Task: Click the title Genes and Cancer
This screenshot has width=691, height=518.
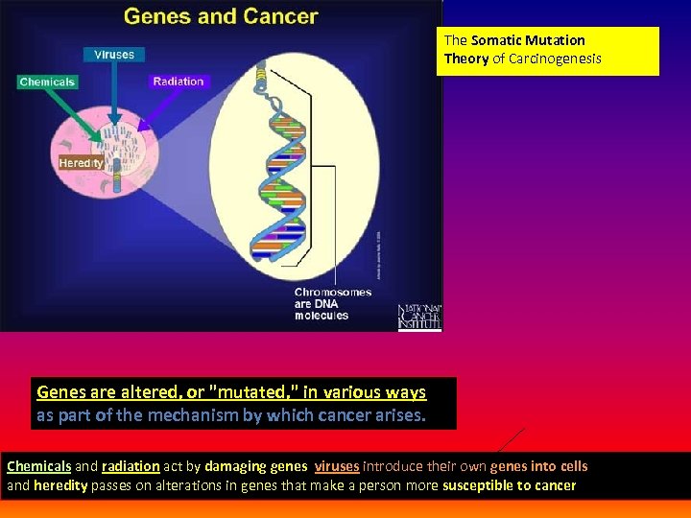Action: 221,16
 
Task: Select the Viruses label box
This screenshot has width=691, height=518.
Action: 114,55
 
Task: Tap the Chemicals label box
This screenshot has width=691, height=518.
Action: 47,82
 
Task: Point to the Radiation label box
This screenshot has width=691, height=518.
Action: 179,82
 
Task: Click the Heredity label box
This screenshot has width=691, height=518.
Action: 81,163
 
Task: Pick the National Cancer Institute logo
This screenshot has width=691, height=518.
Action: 419,318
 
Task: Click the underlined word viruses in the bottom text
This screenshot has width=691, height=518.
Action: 336,466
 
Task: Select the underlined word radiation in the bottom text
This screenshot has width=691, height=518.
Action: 130,466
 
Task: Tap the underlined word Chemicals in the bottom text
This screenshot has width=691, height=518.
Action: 39,466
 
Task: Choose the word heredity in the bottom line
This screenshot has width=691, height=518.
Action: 60,485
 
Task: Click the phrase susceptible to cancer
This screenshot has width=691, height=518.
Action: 509,485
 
